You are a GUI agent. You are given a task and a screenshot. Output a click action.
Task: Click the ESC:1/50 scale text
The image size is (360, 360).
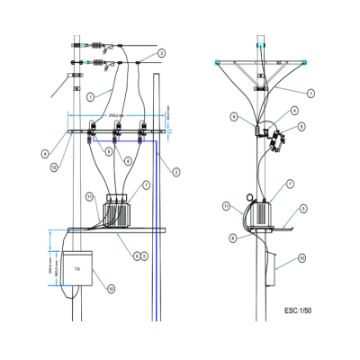click(298, 310)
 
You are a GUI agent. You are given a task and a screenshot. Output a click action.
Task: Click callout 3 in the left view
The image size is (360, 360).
click(176, 171)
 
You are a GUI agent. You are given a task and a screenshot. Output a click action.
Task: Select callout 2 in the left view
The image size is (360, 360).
click(161, 54)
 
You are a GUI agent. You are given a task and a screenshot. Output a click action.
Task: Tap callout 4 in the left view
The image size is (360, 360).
click(44, 153)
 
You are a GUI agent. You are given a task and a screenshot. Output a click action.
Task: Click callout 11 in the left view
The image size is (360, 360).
click(89, 196)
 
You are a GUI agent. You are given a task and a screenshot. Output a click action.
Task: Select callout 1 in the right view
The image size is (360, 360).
click(310, 93)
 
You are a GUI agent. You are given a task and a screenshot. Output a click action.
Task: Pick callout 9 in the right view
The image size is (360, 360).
click(233, 117)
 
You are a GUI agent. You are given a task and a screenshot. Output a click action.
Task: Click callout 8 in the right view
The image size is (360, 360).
click(301, 126)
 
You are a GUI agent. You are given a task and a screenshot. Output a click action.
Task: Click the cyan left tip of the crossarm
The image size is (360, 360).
click(217, 61)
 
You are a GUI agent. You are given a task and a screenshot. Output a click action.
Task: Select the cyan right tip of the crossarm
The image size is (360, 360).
click(306, 61)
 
